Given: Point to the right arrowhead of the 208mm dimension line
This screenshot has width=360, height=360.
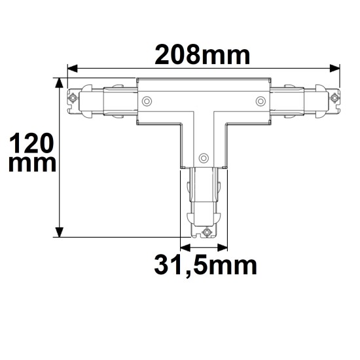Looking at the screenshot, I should point(337,67).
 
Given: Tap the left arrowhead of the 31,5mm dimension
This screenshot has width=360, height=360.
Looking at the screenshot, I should point(184,247).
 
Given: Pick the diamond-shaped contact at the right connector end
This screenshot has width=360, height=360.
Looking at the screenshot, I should point(335,99).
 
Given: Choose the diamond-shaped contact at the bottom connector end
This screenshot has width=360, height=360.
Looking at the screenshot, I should point(207,232).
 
